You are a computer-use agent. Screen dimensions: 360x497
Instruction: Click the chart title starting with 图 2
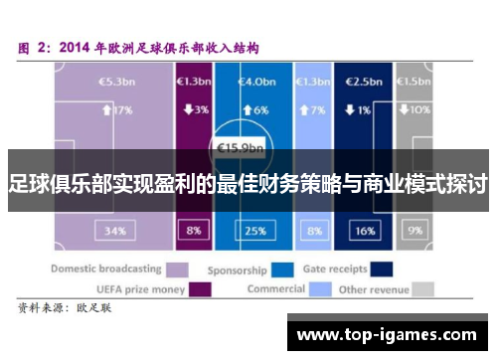(139, 47)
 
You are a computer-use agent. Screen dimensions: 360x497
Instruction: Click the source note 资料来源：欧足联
(64, 310)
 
